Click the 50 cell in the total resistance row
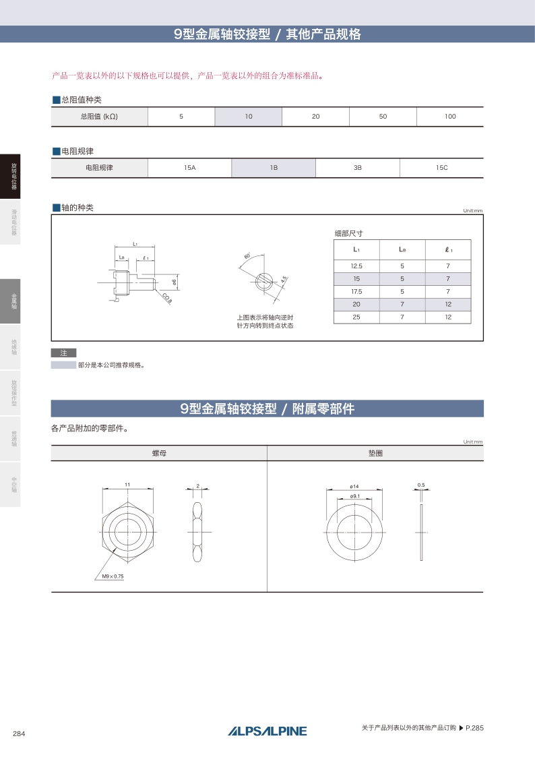pos(383,117)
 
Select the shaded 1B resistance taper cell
pos(274,168)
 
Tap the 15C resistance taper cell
pos(441,168)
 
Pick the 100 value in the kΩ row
pos(450,117)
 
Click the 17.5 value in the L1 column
pos(356,291)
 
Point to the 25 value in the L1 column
pos(356,317)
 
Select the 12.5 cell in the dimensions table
pos(356,266)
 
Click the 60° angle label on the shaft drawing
pos(247,258)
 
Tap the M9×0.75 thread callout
pos(113,576)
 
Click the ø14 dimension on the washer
pos(354,486)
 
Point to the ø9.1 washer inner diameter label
pos(354,496)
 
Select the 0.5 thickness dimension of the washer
pos(421,485)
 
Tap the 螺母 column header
pos(159,454)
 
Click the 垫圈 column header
pos(375,454)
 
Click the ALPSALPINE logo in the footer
pos(267,731)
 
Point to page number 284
pos(19,733)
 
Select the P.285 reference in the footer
pos(474,728)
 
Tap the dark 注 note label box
pos(64,353)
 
